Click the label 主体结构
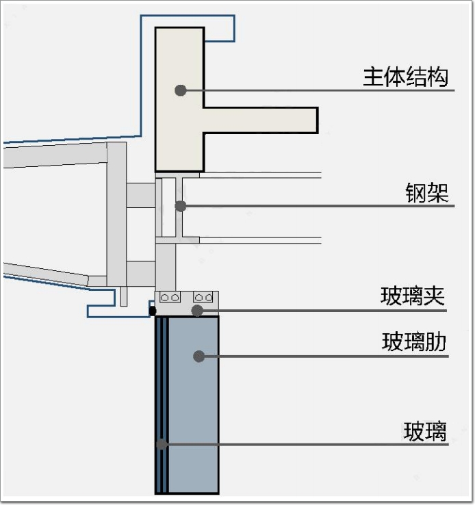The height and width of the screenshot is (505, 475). pyautogui.click(x=406, y=76)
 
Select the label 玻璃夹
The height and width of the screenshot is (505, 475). pyautogui.click(x=413, y=296)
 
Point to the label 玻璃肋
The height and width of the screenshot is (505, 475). pyautogui.click(x=414, y=341)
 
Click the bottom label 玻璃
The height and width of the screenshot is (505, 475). pyautogui.click(x=425, y=432)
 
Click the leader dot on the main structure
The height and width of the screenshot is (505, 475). pyautogui.click(x=181, y=90)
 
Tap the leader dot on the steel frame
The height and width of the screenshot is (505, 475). pyautogui.click(x=181, y=205)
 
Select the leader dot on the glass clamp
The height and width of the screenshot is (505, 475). pyautogui.click(x=197, y=311)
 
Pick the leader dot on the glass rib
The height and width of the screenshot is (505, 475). pyautogui.click(x=199, y=356)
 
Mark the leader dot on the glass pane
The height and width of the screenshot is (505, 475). pyautogui.click(x=162, y=444)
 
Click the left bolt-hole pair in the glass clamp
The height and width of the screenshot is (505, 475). pyautogui.click(x=170, y=297)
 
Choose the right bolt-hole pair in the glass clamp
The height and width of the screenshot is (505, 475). pyautogui.click(x=204, y=297)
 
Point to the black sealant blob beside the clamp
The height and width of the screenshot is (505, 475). pyautogui.click(x=152, y=311)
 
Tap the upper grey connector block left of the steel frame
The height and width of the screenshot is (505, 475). pyautogui.click(x=141, y=196)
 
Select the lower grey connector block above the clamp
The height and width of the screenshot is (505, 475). pyautogui.click(x=141, y=274)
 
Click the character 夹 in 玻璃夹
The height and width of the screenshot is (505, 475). pyautogui.click(x=435, y=296)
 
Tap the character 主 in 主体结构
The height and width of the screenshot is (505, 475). pyautogui.click(x=374, y=76)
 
